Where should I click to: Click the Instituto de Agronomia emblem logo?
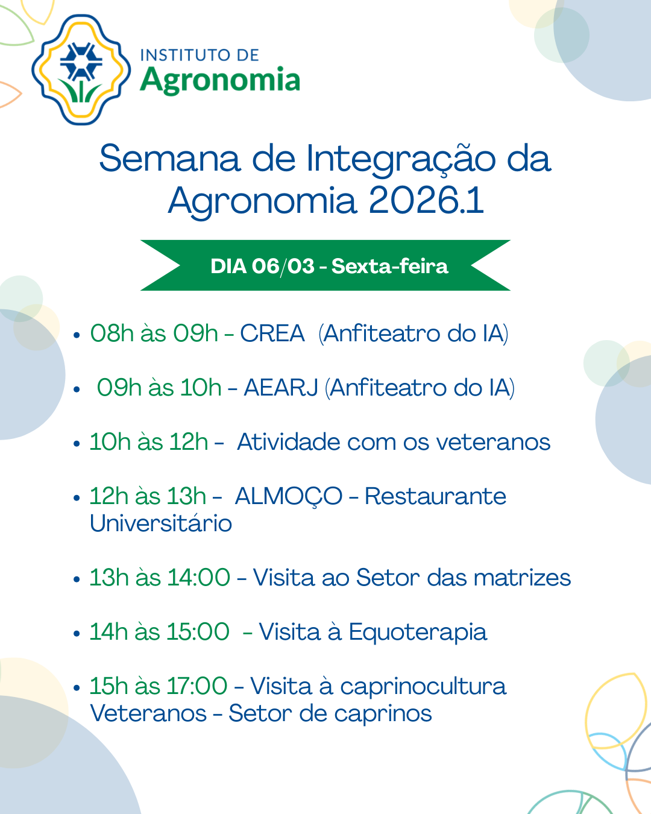[81, 69]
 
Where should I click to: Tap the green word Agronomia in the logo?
[220, 80]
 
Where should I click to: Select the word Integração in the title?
[401, 159]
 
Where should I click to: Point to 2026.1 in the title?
[426, 200]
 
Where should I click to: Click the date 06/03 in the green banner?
[283, 267]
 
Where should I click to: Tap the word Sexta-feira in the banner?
[389, 266]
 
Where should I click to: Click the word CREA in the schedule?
[272, 333]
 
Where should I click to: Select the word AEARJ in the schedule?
[281, 388]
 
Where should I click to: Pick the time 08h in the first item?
[112, 333]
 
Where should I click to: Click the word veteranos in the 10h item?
[493, 442]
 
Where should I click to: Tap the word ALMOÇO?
[289, 497]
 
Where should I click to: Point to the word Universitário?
[161, 523]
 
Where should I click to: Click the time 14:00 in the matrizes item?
[198, 578]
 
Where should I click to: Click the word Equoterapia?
[418, 633]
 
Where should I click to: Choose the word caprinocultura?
[423, 687]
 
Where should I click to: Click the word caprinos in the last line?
[383, 714]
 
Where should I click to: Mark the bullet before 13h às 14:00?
[77, 579]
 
